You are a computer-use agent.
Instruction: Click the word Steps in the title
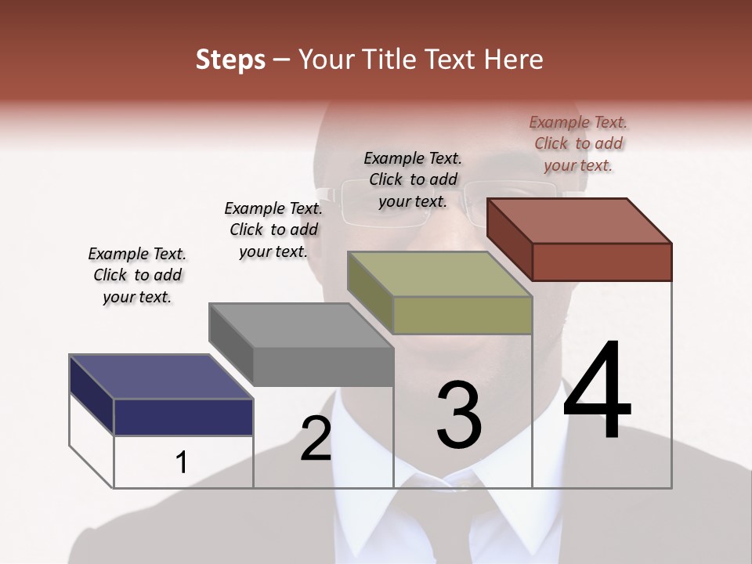(230, 60)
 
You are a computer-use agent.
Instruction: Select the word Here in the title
(514, 60)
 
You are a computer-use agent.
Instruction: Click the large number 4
(597, 392)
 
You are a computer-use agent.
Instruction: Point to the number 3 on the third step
(459, 415)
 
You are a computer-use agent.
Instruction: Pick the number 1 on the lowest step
(182, 462)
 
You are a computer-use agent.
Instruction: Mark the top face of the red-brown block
(580, 221)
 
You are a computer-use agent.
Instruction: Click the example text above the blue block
(137, 275)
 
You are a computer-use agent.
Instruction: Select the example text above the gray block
(273, 230)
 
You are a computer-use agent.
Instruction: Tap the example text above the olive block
(413, 179)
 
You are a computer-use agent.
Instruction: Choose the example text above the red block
(578, 143)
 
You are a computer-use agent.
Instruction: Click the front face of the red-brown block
(602, 262)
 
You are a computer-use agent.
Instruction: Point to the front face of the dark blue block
(183, 417)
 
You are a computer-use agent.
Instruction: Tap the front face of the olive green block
(462, 315)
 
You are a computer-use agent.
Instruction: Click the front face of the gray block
(323, 367)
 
